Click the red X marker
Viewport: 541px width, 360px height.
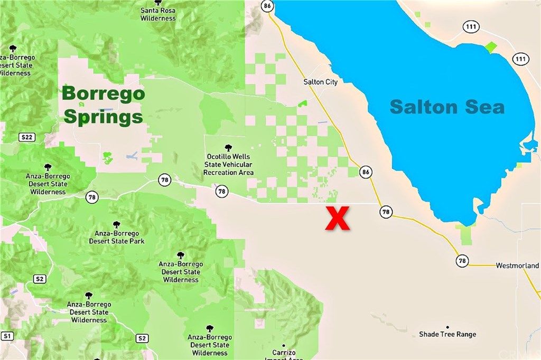point(337,219)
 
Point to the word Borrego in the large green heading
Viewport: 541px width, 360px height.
point(102,94)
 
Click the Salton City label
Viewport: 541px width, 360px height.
point(320,82)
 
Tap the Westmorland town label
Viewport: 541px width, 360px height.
point(517,266)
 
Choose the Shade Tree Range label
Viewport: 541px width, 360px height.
point(447,334)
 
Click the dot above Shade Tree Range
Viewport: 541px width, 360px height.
point(447,327)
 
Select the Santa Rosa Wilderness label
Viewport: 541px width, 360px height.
point(158,14)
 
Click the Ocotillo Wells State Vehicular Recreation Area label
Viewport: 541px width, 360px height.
point(228,165)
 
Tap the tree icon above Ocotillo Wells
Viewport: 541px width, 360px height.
point(228,148)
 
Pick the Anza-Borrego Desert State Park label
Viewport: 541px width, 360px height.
point(117,238)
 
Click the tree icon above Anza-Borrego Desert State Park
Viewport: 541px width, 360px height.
point(117,225)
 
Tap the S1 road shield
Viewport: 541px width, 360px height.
point(7,336)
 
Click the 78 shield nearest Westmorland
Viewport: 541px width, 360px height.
point(462,260)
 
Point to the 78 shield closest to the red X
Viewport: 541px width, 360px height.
point(386,212)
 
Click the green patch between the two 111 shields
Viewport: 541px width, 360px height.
point(491,48)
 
